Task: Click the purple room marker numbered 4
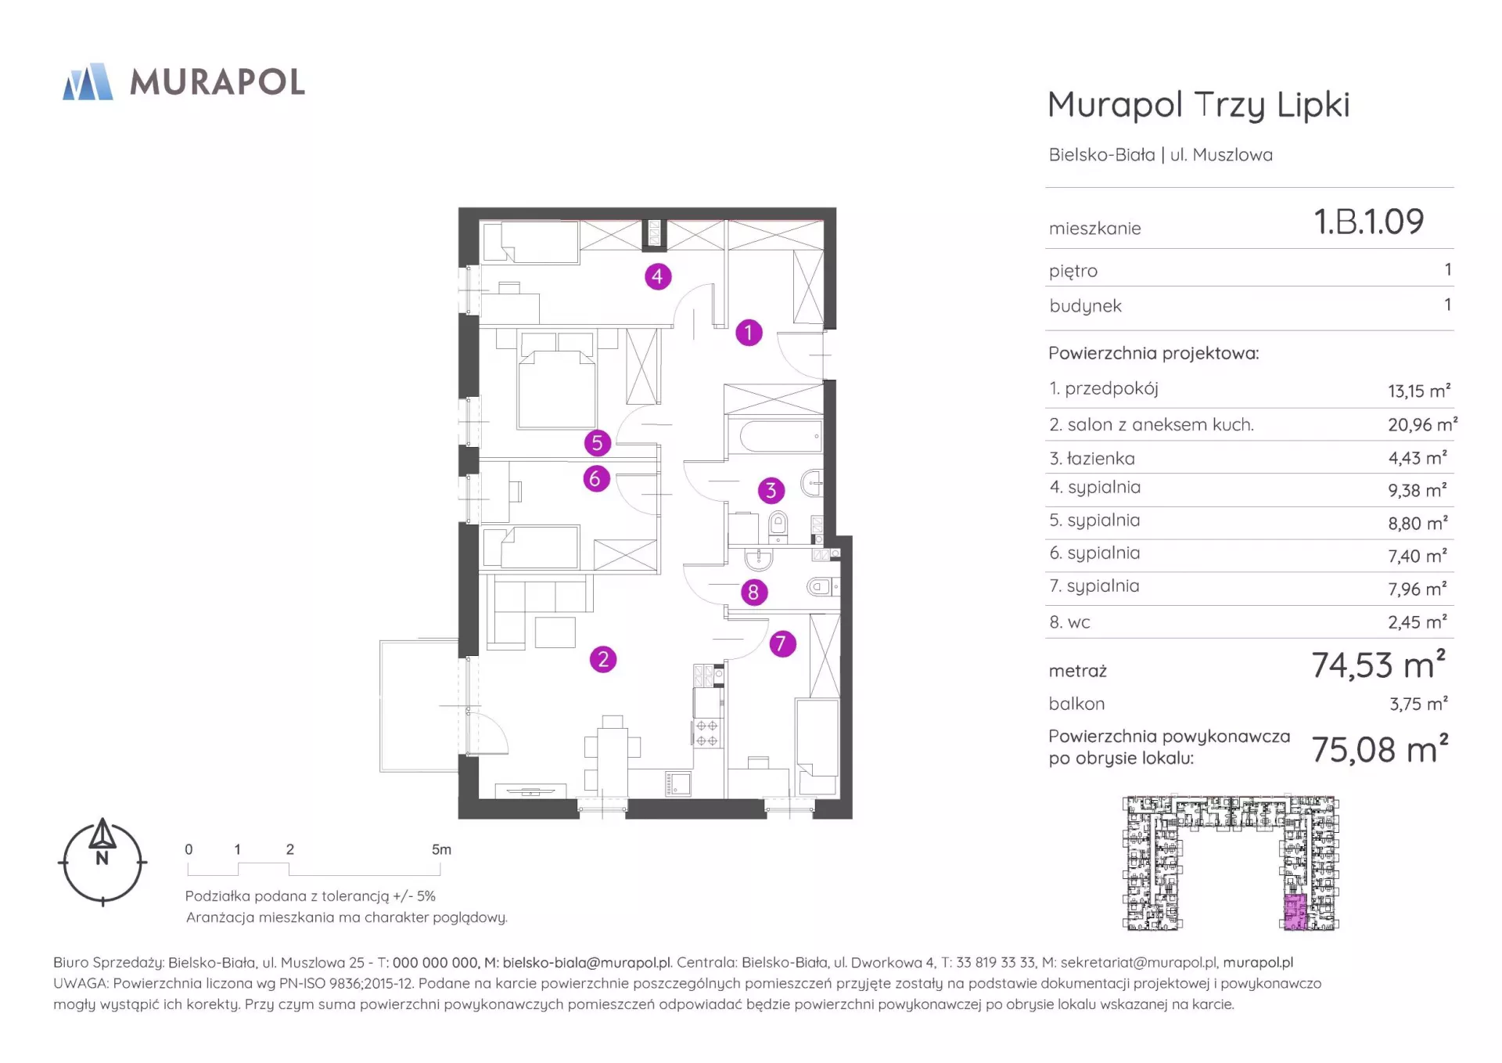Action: tap(657, 276)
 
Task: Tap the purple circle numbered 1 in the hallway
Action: tap(749, 333)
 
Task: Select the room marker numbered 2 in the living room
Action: tap(603, 659)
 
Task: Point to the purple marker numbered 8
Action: tap(753, 593)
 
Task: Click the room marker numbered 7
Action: tap(782, 644)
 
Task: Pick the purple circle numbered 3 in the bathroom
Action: tap(771, 491)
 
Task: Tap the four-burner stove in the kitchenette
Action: tap(706, 733)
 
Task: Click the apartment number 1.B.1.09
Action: tap(1369, 222)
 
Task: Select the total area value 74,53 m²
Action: tap(1378, 665)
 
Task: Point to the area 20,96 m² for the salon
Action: tap(1422, 424)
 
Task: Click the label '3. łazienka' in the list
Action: tap(1092, 459)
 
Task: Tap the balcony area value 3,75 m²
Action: tap(1418, 704)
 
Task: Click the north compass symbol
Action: tap(102, 862)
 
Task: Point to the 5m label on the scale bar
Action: tap(441, 849)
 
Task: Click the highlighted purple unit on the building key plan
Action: tap(1295, 913)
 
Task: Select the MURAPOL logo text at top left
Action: tap(217, 82)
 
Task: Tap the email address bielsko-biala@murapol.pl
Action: tap(587, 963)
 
